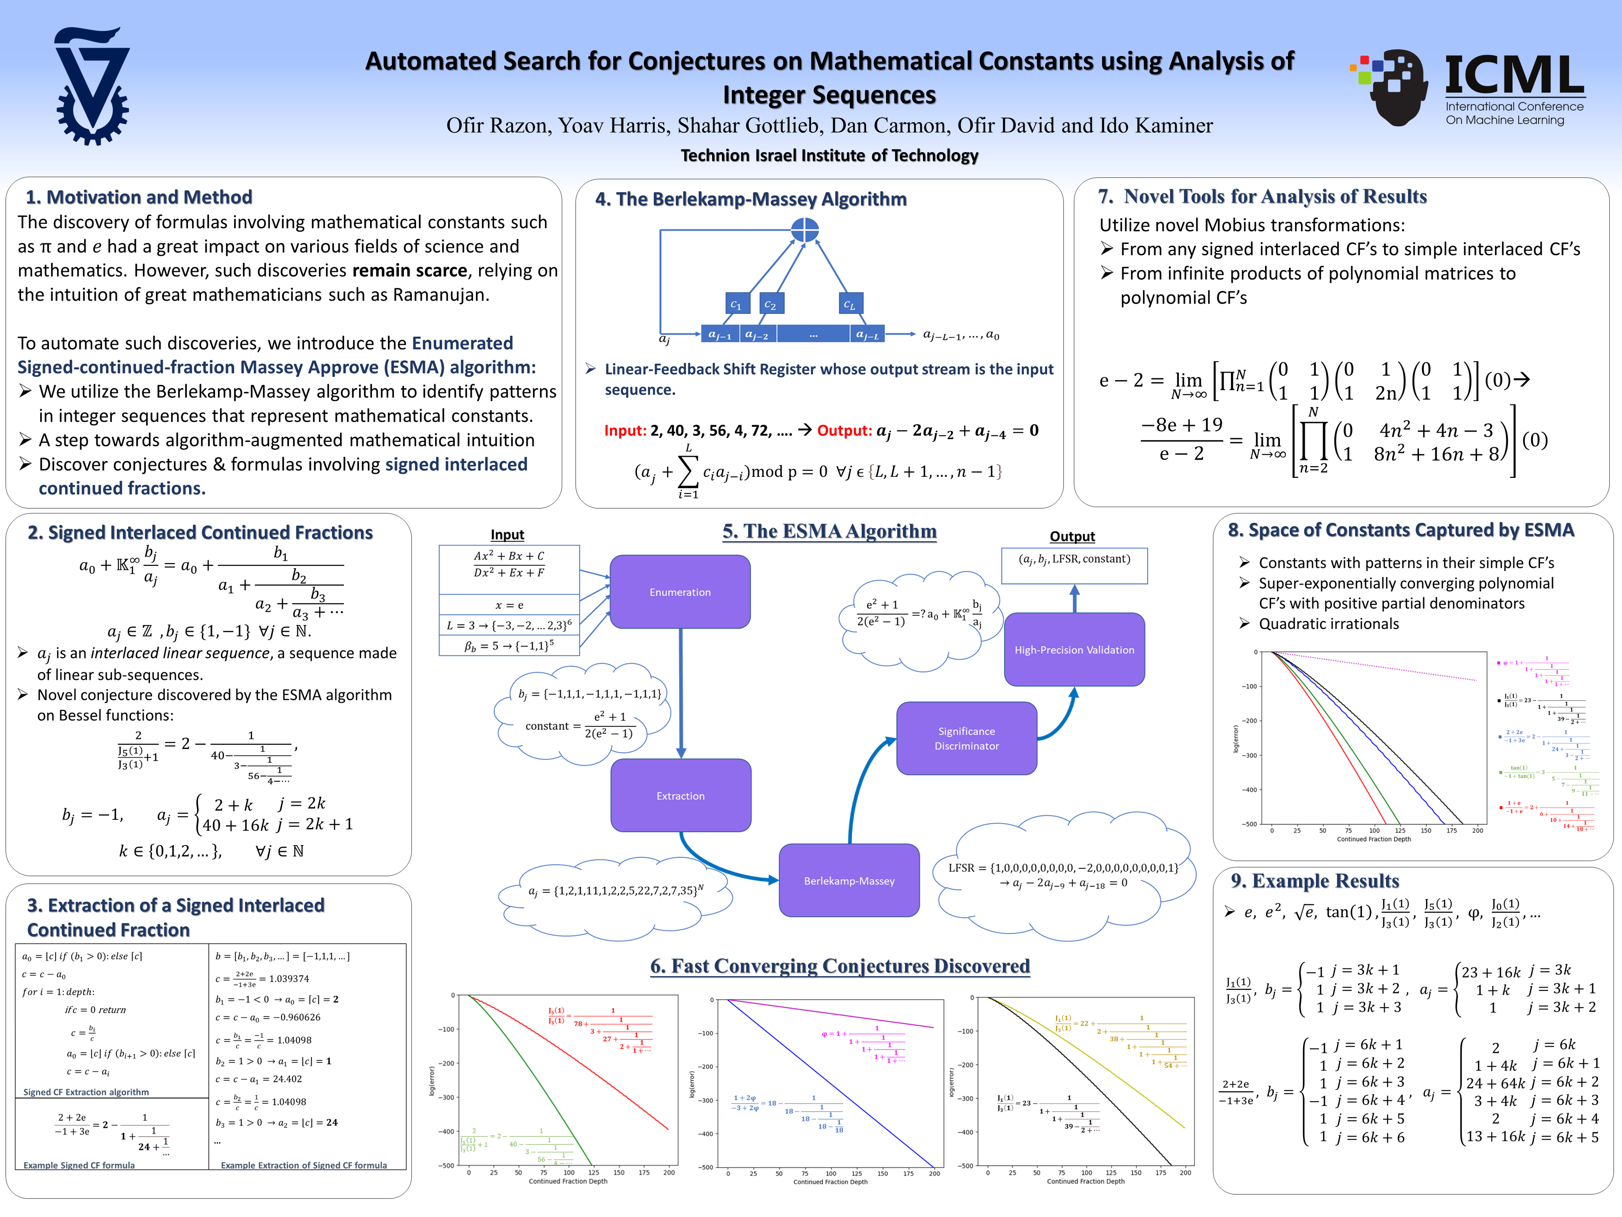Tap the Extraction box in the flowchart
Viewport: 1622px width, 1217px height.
(x=680, y=795)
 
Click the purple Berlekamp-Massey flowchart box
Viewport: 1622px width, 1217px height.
(x=849, y=880)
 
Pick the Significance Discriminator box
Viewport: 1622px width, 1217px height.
(x=966, y=738)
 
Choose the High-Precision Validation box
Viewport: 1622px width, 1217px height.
(x=1074, y=649)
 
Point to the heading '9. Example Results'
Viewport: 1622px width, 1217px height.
(x=1315, y=881)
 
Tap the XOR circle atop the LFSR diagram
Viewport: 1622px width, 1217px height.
(x=804, y=229)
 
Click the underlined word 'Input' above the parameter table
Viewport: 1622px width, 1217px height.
(x=507, y=535)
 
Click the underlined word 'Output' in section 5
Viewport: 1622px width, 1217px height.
(x=1072, y=536)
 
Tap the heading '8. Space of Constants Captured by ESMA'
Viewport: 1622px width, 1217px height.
(x=1401, y=530)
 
